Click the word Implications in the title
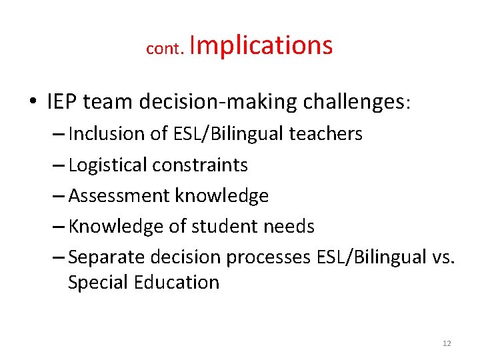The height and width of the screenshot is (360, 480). pyautogui.click(x=261, y=45)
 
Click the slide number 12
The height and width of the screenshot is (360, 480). pyautogui.click(x=447, y=343)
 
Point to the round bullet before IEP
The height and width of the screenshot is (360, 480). pyautogui.click(x=33, y=103)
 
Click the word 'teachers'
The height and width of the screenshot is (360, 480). pyautogui.click(x=325, y=134)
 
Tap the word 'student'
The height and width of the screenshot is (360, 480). pyautogui.click(x=223, y=227)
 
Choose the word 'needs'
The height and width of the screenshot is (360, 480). pyautogui.click(x=287, y=227)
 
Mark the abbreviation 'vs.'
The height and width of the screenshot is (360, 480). pyautogui.click(x=441, y=257)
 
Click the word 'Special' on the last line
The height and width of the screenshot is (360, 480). pyautogui.click(x=99, y=283)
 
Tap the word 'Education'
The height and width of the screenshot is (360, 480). pyautogui.click(x=177, y=283)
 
